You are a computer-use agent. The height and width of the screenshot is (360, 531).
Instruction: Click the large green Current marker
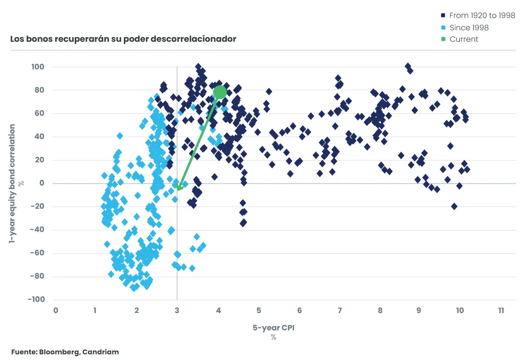[219, 92]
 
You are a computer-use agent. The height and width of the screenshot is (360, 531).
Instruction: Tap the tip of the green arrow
[178, 190]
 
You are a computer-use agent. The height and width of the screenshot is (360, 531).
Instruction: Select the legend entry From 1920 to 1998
[482, 15]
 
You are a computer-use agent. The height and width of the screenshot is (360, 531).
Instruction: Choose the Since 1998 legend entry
[469, 27]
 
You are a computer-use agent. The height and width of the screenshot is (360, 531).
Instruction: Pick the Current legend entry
[463, 39]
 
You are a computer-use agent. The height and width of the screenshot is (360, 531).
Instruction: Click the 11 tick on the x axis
[501, 310]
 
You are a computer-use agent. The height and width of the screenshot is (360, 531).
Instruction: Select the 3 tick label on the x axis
[177, 310]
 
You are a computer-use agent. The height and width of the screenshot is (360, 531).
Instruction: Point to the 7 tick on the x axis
[339, 310]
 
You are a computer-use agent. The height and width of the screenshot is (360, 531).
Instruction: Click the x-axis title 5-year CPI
[273, 328]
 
